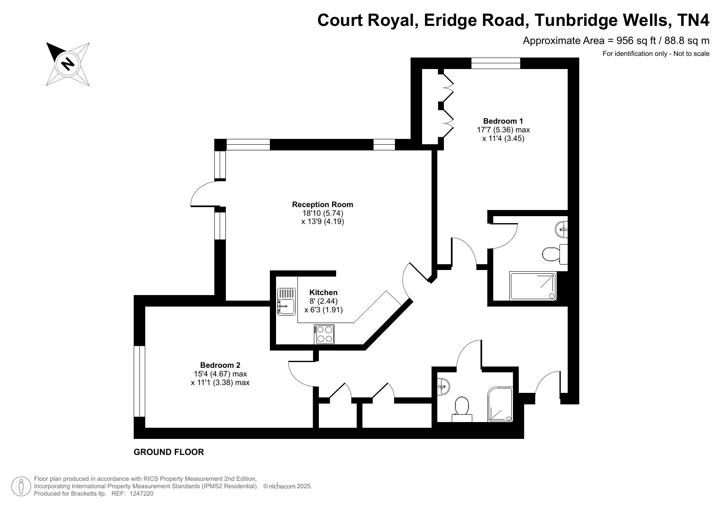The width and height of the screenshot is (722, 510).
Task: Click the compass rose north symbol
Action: [68, 64]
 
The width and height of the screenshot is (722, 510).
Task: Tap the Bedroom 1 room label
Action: [503, 121]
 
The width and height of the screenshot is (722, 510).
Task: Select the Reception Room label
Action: [323, 205]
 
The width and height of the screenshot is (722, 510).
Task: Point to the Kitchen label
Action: [323, 293]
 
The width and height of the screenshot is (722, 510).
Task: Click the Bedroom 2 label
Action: [220, 365]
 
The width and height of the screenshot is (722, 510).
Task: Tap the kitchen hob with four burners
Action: [324, 334]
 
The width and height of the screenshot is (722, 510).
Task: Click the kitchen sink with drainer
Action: [286, 301]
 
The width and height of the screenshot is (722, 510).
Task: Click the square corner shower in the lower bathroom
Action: [500, 404]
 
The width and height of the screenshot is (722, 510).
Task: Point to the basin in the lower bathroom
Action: [443, 386]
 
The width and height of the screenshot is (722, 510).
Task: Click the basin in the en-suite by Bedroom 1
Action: [562, 229]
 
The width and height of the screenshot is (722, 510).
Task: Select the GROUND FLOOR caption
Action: [169, 452]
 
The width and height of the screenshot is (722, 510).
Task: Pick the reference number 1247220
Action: [142, 494]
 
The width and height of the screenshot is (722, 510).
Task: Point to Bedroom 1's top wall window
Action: [496, 63]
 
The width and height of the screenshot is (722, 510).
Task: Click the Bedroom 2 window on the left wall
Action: [139, 381]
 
